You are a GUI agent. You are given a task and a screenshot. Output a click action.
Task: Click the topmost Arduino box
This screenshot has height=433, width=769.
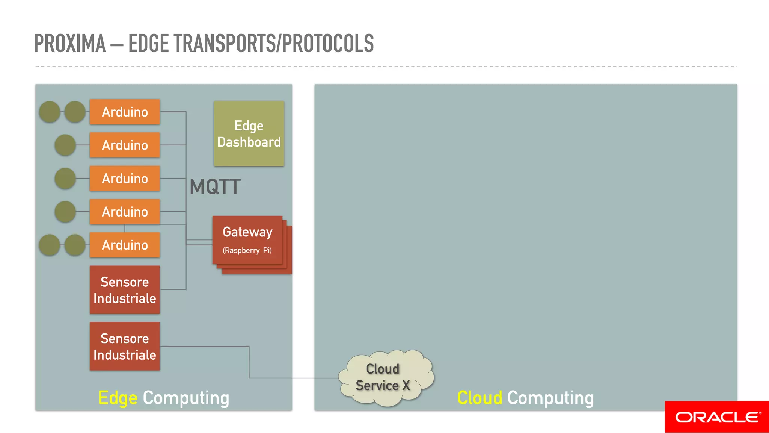click(125, 112)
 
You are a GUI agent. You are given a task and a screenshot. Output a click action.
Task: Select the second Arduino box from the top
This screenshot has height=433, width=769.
click(125, 145)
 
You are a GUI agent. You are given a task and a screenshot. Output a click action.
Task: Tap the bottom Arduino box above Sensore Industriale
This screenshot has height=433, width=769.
click(125, 245)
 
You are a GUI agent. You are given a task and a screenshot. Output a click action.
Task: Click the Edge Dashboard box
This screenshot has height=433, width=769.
click(249, 134)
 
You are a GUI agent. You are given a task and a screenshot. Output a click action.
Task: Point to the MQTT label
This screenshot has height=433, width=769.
click(215, 187)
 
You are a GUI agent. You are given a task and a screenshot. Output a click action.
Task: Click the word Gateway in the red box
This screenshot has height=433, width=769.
click(247, 232)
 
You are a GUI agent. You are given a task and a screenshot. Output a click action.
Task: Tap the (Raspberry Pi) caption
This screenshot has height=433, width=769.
click(247, 250)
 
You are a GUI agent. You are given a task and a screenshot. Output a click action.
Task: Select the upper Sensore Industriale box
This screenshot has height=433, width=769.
click(125, 290)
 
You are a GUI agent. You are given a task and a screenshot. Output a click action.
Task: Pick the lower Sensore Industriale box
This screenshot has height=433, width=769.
click(125, 346)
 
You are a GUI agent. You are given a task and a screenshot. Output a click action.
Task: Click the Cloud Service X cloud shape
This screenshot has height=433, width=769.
click(385, 377)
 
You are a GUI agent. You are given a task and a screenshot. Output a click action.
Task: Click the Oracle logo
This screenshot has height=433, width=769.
click(717, 417)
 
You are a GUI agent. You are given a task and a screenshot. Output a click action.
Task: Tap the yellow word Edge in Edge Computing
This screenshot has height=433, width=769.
click(118, 398)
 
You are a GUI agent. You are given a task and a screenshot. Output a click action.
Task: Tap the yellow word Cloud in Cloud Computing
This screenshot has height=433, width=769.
click(479, 398)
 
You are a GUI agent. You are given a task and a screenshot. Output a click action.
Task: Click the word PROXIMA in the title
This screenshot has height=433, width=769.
click(70, 44)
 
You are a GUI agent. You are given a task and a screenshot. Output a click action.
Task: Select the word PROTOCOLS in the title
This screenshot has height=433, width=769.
click(327, 44)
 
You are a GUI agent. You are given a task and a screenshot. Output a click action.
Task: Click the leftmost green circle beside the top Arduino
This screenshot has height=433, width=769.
click(50, 112)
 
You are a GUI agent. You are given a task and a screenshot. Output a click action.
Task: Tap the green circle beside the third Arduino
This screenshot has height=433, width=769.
click(65, 178)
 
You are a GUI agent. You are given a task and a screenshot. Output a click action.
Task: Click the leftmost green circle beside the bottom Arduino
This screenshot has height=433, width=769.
click(50, 245)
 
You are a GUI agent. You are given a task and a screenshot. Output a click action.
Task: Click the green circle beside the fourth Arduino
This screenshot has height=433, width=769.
click(65, 212)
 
